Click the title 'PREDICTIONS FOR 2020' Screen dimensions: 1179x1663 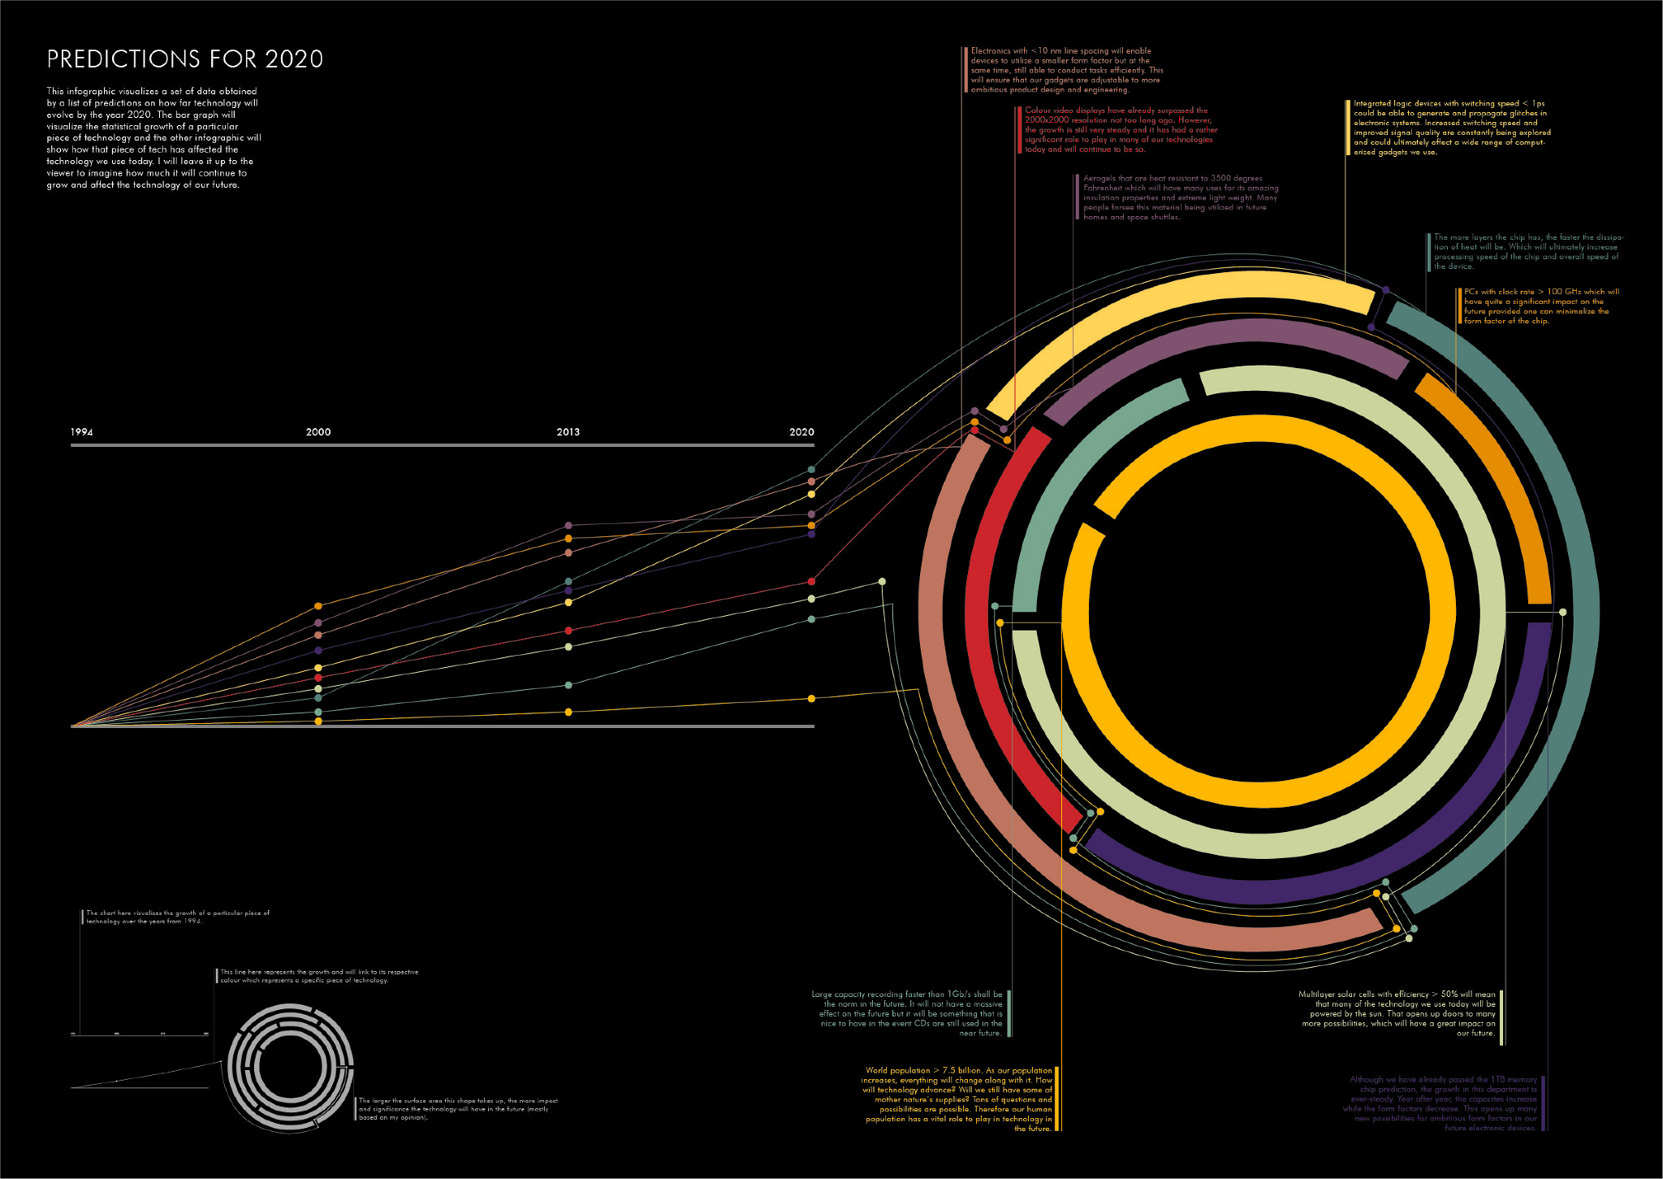tap(185, 59)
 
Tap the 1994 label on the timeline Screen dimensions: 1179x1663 tap(81, 432)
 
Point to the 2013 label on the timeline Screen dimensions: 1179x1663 tap(568, 432)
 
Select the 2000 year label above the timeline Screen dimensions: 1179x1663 tap(318, 432)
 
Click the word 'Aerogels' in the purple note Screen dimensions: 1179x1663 tap(1100, 179)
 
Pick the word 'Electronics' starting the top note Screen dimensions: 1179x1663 tap(991, 51)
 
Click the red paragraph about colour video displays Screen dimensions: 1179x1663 tap(1121, 130)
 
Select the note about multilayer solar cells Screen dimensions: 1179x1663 tap(1397, 1013)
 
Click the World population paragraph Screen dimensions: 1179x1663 tap(958, 1099)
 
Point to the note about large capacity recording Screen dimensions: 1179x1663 tap(907, 1013)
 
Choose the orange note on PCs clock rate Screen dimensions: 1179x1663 tap(1540, 306)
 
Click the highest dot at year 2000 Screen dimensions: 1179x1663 tap(318, 606)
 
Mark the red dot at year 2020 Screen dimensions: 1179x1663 tap(811, 582)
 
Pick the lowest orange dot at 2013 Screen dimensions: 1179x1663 tap(568, 712)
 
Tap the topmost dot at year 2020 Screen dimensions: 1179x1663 tap(811, 470)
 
